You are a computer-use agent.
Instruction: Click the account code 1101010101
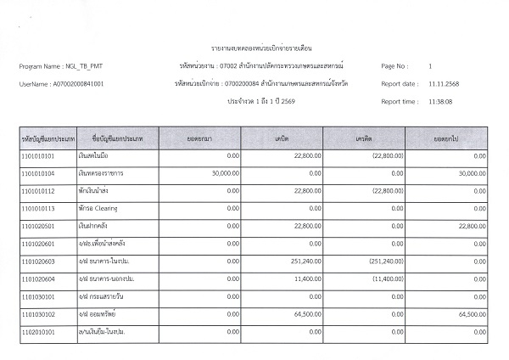[37, 156]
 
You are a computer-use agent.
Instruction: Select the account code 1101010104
[37, 173]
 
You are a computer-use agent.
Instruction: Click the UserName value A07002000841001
[79, 84]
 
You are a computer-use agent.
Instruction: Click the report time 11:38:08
[440, 102]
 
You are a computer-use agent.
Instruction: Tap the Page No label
[395, 65]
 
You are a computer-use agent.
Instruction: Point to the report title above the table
[254, 46]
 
